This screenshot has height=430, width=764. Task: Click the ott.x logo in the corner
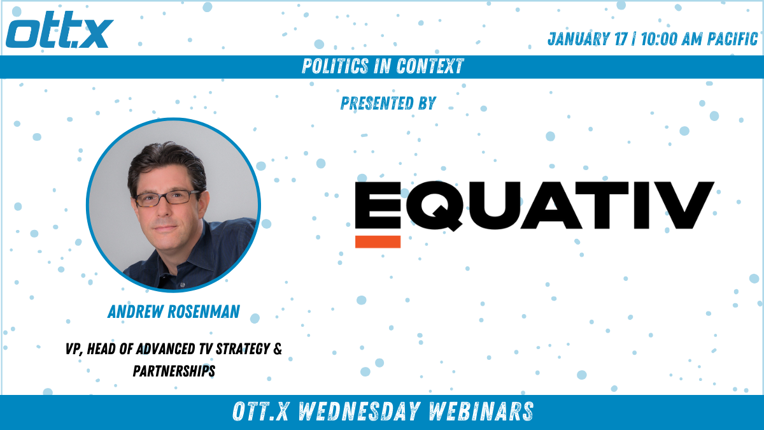(60, 30)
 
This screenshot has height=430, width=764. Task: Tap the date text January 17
(588, 39)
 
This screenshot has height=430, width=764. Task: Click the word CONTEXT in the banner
(430, 66)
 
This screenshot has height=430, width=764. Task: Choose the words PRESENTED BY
(388, 103)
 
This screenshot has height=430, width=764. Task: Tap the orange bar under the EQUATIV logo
(378, 241)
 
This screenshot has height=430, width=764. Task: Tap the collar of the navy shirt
(198, 249)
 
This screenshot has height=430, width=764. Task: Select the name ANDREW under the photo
(136, 312)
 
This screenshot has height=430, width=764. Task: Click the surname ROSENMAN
(204, 312)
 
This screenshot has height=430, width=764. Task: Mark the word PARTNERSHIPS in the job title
(174, 371)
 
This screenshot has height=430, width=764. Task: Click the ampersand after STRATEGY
(278, 349)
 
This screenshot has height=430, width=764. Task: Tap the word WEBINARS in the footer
(481, 412)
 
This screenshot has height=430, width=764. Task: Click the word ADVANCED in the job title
(166, 349)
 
